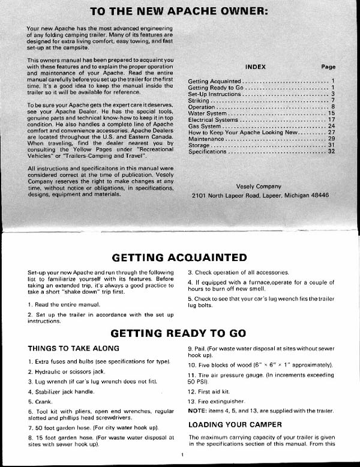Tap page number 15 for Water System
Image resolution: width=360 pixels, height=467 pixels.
pos(331,113)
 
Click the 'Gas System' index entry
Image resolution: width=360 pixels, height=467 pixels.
pos(205,127)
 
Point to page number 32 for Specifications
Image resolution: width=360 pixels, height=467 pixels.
pos(331,152)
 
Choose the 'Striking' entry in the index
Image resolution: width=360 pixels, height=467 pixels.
pos(199,100)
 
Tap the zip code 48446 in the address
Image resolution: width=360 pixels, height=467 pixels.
pos(316,196)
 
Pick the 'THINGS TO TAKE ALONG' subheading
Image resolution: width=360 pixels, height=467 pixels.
pos(74,349)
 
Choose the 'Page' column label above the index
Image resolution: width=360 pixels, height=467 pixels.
pos(328,67)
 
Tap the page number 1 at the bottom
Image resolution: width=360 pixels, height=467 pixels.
pos(181,454)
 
